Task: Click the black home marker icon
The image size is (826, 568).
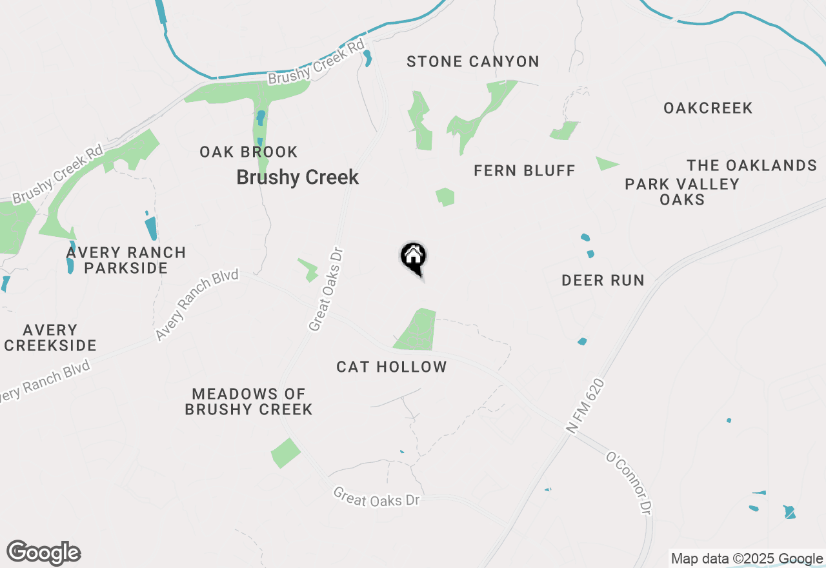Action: [414, 257]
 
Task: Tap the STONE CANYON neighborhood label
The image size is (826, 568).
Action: [473, 62]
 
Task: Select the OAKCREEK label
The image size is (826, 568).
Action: [708, 108]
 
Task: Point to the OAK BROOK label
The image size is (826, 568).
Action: [248, 152]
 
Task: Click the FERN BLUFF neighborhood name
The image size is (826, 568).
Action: [524, 171]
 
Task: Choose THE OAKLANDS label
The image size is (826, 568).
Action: [752, 166]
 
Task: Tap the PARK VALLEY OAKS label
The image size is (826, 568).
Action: [682, 192]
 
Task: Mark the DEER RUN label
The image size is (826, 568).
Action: [603, 280]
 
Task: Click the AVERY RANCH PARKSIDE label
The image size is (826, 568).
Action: [126, 260]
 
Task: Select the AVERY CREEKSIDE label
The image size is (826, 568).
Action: [50, 338]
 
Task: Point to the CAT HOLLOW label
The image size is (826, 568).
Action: [392, 367]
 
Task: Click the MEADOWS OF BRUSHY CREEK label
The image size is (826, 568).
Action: [248, 401]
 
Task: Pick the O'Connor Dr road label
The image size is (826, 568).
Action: [627, 483]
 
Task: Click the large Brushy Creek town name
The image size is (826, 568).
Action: [297, 177]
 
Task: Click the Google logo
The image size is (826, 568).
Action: [43, 553]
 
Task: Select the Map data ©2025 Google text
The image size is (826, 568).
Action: [747, 559]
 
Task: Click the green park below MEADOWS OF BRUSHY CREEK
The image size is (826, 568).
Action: [285, 453]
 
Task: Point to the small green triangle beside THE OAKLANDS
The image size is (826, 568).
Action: [605, 164]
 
